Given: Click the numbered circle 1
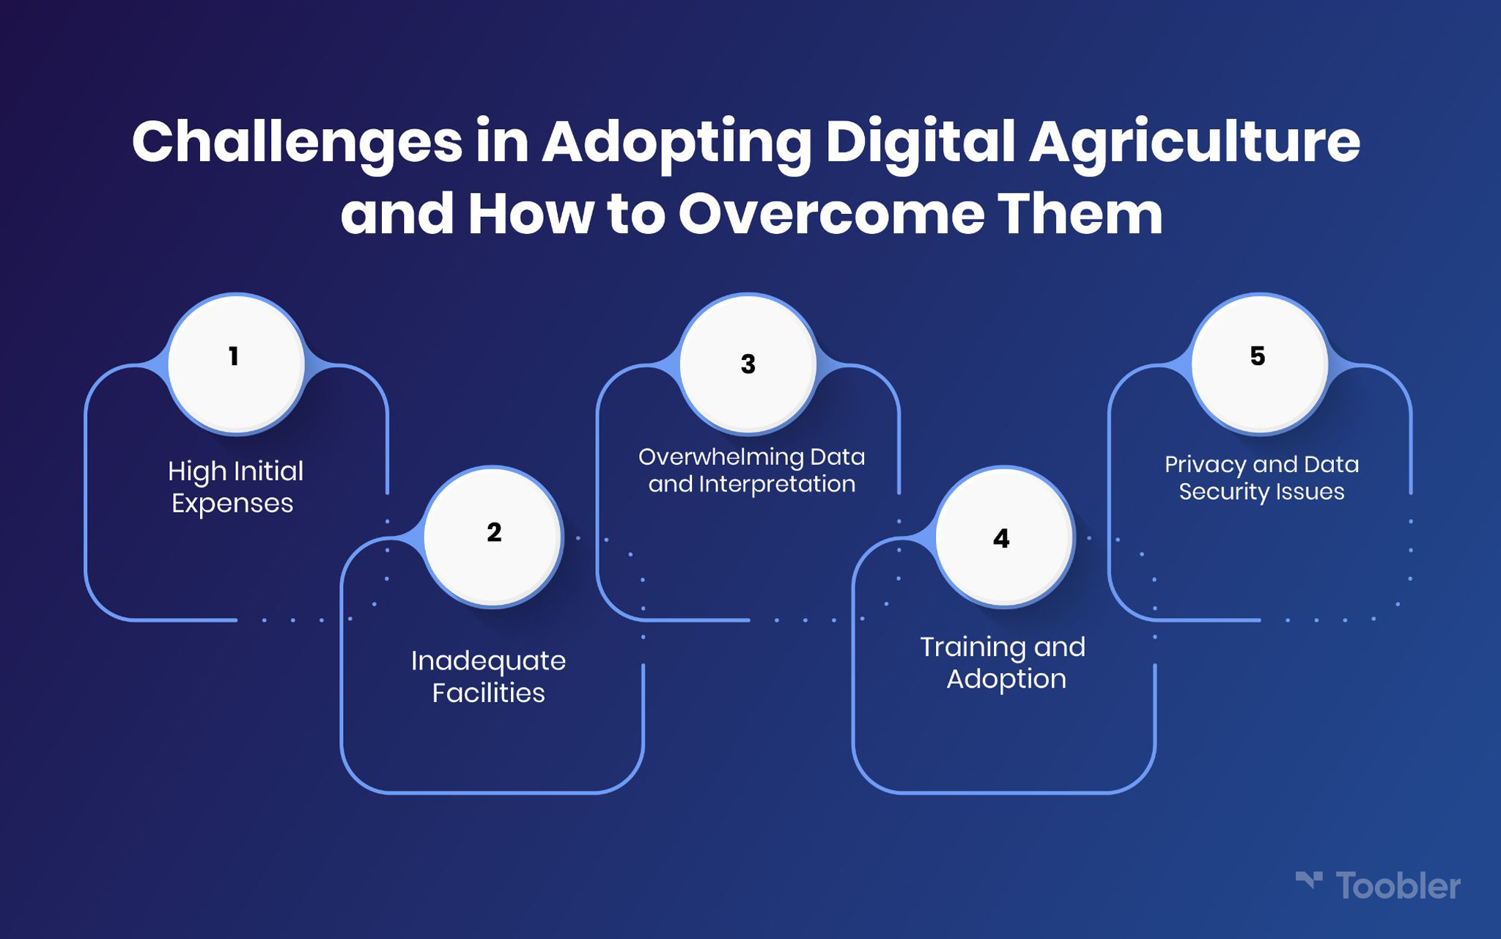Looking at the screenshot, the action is (236, 364).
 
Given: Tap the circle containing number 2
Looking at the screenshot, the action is (493, 537).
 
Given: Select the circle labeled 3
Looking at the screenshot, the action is (748, 364).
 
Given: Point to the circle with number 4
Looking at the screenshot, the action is (1004, 537).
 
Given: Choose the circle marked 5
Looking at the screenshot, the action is (1259, 364).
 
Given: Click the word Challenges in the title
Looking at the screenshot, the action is (297, 144).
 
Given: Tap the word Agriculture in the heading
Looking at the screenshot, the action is (1195, 144).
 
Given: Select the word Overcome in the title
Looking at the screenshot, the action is (831, 214).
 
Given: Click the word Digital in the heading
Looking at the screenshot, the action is (921, 144).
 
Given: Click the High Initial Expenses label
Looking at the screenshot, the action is (235, 487).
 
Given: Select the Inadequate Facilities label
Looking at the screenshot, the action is (488, 677).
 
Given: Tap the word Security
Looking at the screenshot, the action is (1220, 492).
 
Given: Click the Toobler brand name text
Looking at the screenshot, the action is (1398, 886).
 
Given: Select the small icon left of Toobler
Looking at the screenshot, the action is (1309, 880).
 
